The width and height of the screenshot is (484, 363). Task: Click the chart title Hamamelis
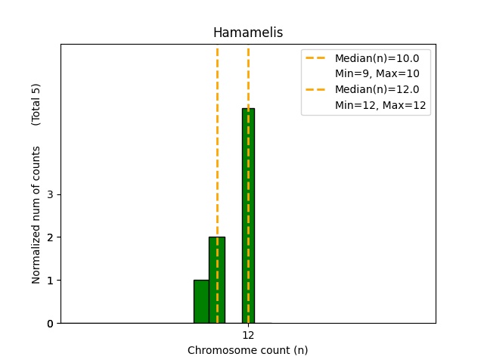pos(248,33)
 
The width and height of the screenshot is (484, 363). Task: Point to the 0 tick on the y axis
pos(50,324)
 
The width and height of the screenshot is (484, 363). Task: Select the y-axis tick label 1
pos(50,281)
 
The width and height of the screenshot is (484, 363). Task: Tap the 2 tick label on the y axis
pos(50,237)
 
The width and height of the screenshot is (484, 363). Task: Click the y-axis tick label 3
pos(50,194)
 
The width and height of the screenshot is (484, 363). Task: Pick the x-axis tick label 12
pos(248,335)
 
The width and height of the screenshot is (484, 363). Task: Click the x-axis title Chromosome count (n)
pos(248,350)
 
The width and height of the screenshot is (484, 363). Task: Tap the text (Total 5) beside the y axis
pos(36,104)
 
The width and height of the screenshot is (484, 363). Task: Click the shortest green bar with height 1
pos(201,302)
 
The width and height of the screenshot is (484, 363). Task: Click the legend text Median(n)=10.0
pos(377,57)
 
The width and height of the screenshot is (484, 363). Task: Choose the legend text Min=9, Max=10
pos(377,73)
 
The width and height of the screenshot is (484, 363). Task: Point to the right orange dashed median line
pos(248,76)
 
